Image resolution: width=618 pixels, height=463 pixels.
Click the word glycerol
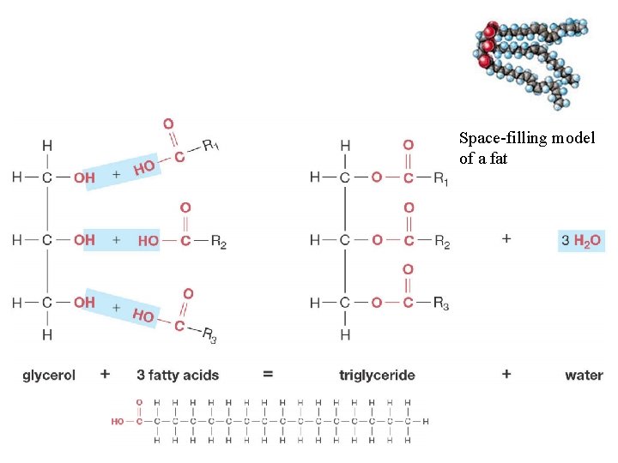coord(49,375)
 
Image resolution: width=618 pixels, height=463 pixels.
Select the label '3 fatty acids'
coord(178,375)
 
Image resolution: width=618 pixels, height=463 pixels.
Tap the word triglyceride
coord(377,375)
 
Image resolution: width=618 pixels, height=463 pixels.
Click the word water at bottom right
coord(584,375)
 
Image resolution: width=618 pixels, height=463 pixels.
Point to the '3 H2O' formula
coord(582,241)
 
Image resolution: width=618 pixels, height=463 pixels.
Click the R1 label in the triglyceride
coord(441,178)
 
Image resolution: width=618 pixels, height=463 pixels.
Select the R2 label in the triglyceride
coord(441,242)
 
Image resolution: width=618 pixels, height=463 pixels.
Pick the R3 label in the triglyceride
coord(441,304)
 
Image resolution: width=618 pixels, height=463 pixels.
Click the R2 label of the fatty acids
coord(218,242)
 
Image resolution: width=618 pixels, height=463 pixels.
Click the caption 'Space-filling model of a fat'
coord(526,147)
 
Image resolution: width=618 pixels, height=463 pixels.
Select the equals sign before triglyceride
coord(268,374)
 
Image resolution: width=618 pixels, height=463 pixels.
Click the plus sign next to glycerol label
coord(105,374)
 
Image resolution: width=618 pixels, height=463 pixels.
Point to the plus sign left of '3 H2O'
coord(506,239)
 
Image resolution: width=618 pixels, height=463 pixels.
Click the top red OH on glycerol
coord(84,178)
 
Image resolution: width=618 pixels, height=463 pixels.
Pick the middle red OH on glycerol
coord(84,240)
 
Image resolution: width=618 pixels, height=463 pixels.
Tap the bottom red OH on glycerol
coord(84,302)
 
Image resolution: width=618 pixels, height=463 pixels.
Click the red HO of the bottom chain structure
coord(118,422)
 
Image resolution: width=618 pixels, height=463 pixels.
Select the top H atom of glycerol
coord(46,146)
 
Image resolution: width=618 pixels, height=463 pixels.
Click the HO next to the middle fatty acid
coord(148,241)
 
